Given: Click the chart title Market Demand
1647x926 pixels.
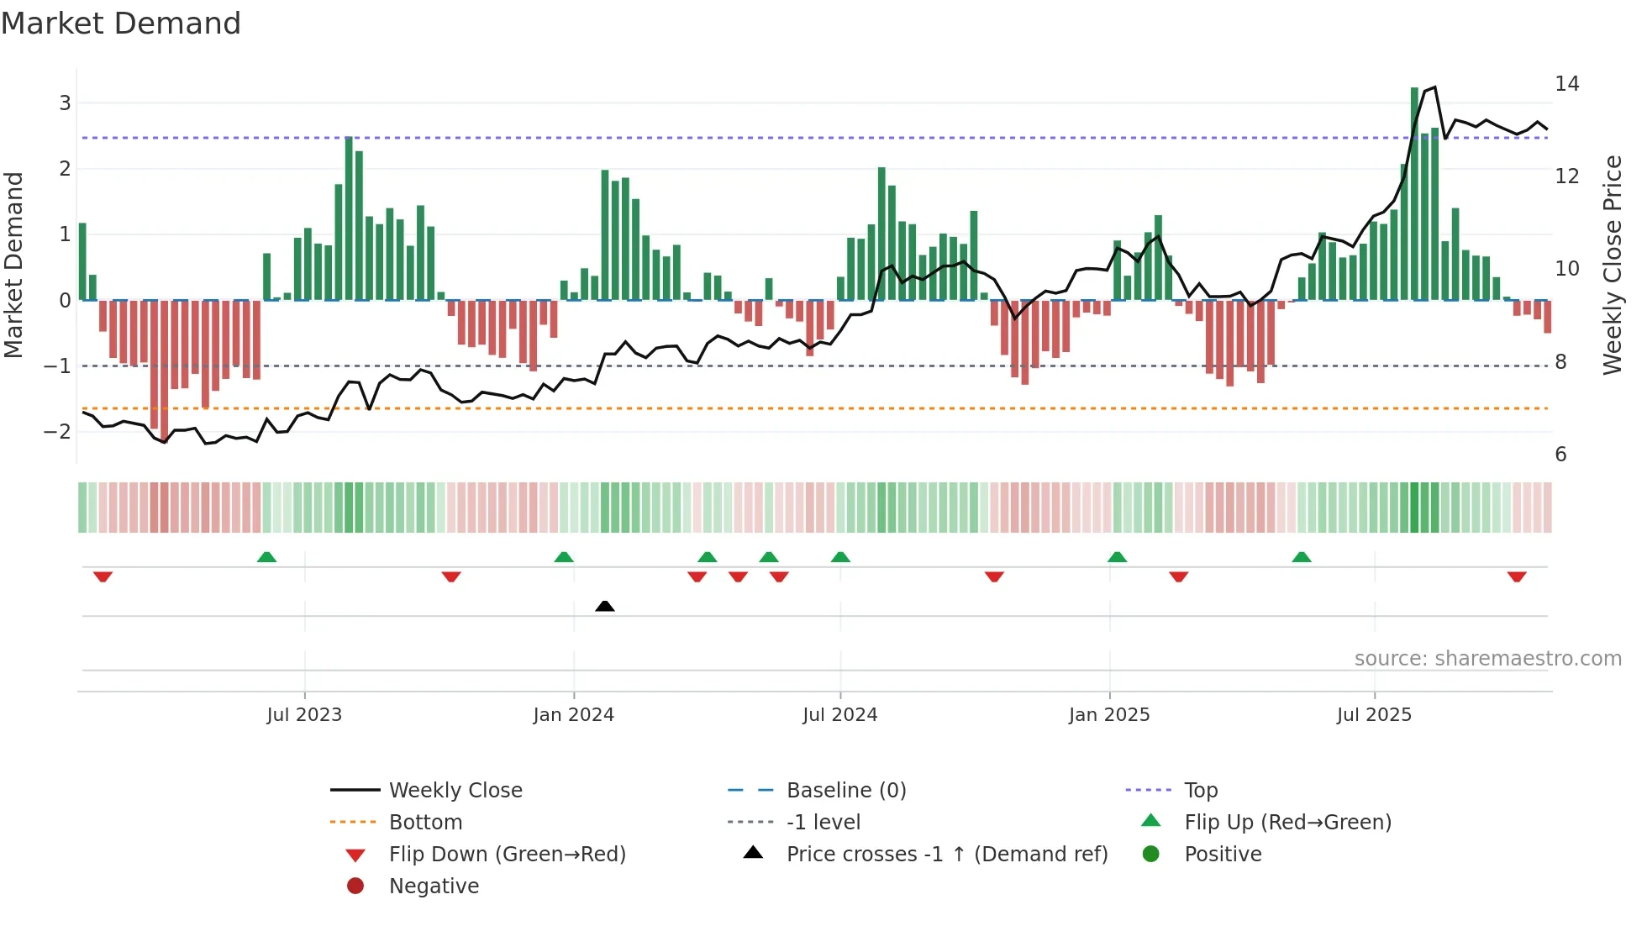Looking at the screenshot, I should (x=121, y=24).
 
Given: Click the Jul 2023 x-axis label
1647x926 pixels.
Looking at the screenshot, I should (x=304, y=715).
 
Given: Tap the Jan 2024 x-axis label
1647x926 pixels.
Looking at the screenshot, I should (x=574, y=715).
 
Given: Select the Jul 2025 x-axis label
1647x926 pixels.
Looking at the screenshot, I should (x=1375, y=715).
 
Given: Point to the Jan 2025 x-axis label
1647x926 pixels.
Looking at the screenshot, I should (x=1109, y=715).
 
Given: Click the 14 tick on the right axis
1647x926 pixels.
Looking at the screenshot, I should (x=1566, y=84).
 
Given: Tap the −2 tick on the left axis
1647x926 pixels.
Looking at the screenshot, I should (x=58, y=432).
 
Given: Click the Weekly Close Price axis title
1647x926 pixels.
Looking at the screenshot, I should (x=1612, y=265).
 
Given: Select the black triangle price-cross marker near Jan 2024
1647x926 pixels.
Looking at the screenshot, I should (x=605, y=606).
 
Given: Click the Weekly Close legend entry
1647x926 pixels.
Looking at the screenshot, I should (x=455, y=791).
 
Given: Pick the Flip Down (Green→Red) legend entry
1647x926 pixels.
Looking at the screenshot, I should (x=507, y=855).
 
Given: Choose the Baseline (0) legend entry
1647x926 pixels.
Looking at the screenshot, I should (x=845, y=791).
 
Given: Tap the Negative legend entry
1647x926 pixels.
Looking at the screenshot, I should (x=434, y=887).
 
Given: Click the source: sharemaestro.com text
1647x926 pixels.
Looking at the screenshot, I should (x=1487, y=659).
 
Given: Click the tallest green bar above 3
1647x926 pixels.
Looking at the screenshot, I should (x=1414, y=193).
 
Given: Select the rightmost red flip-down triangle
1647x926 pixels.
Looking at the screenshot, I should (x=1517, y=576).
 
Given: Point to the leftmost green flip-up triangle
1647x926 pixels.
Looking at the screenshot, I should (x=266, y=557).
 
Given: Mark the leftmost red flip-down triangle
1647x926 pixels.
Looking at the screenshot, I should (x=103, y=576).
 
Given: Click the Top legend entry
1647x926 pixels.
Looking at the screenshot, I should (x=1201, y=791).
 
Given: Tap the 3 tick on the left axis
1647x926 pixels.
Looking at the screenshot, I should (x=65, y=103).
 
